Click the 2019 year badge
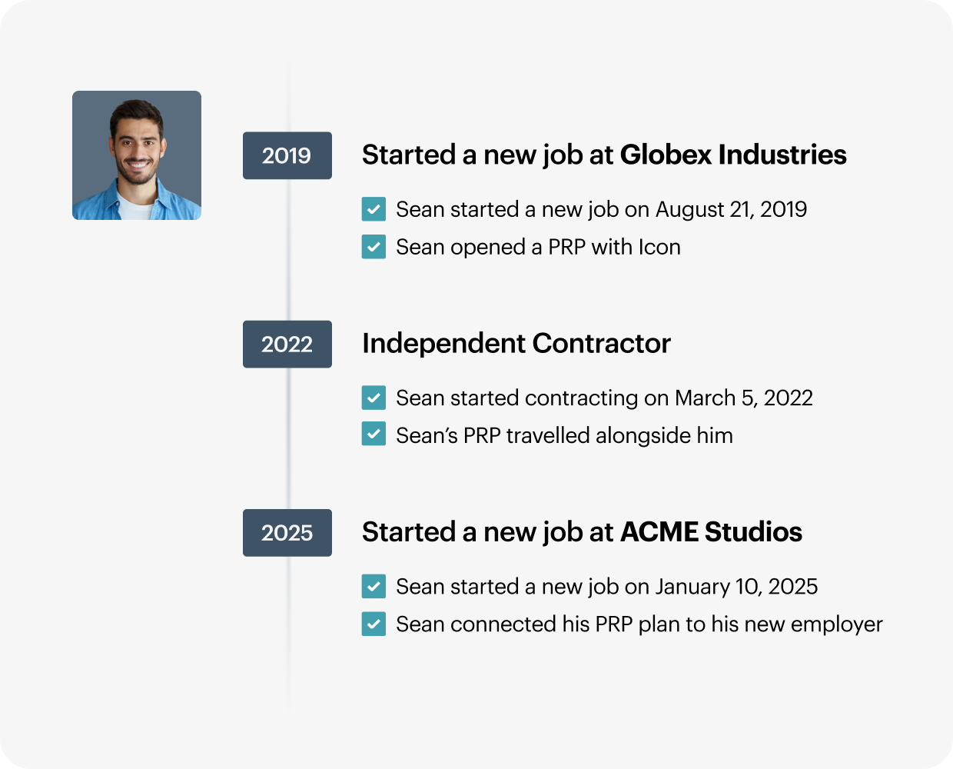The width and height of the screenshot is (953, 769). [287, 155]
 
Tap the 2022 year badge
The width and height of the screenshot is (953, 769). [287, 344]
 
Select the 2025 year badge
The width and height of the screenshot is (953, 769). [287, 533]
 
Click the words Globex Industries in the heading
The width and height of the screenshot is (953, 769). [733, 155]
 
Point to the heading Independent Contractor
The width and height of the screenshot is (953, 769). [516, 344]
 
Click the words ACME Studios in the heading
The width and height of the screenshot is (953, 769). [711, 532]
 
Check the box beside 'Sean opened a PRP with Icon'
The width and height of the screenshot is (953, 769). [374, 247]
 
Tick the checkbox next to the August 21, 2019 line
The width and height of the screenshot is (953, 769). [374, 208]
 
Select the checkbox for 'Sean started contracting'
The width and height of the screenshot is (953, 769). [374, 398]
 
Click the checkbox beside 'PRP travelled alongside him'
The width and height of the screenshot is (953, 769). [374, 434]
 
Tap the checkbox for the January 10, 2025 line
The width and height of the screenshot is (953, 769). [374, 587]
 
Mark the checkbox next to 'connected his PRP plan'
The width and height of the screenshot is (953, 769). [374, 624]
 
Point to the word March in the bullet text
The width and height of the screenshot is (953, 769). [705, 398]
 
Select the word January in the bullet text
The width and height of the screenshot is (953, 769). [692, 588]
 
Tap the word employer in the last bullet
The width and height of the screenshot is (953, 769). [837, 625]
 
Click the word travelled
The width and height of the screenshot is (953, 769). [548, 436]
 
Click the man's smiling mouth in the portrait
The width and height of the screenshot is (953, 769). [138, 165]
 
